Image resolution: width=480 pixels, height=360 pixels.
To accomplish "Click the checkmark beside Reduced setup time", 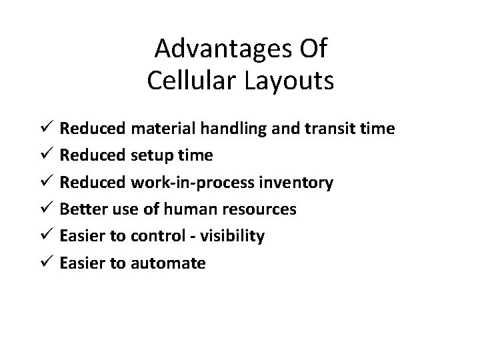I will [47, 155].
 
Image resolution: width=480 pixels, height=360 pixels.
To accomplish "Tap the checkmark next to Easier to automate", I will [47, 263].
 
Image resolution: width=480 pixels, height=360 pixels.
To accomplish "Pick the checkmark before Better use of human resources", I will [47, 209].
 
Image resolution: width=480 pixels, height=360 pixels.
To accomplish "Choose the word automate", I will [173, 263].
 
